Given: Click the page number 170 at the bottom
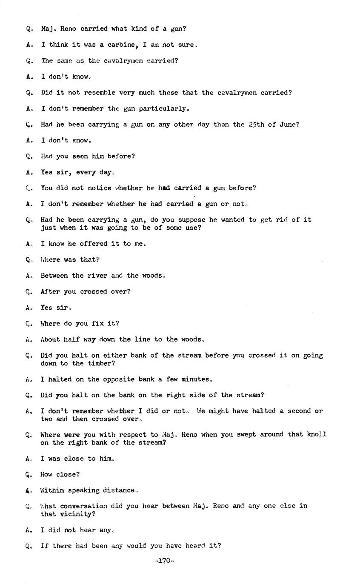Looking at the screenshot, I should pyautogui.click(x=164, y=561).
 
